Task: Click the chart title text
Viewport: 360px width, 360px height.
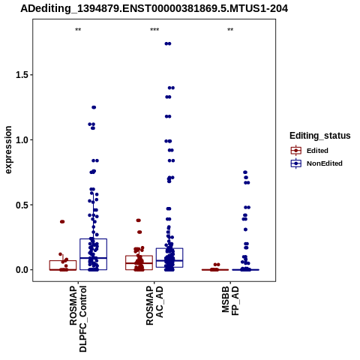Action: [x=154, y=9]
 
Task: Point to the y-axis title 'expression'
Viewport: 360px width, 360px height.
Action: [x=8, y=150]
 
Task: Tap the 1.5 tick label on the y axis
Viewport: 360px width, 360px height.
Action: [x=22, y=75]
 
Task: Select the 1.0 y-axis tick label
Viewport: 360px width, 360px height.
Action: [x=22, y=140]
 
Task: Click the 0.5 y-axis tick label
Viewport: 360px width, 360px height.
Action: [x=22, y=205]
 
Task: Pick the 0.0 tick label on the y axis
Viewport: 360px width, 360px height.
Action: [x=22, y=270]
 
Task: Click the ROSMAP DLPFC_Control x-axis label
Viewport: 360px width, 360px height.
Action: [x=78, y=319]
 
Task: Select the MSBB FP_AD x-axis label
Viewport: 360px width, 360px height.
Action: [x=230, y=301]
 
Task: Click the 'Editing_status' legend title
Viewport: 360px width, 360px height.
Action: [x=320, y=136]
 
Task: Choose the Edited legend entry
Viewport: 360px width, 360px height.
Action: [x=310, y=151]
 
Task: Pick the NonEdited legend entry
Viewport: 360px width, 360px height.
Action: [x=316, y=163]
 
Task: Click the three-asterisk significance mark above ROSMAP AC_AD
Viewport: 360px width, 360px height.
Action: [x=154, y=30]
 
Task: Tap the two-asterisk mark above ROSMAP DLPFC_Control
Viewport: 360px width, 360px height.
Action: [x=78, y=30]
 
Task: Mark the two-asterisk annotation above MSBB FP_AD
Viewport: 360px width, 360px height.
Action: [x=230, y=30]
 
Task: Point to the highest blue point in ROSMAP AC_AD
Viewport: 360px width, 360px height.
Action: [x=168, y=43]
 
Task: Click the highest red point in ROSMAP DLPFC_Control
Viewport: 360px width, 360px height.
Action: [x=62, y=222]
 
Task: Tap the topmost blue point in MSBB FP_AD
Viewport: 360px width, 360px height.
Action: [x=245, y=172]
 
